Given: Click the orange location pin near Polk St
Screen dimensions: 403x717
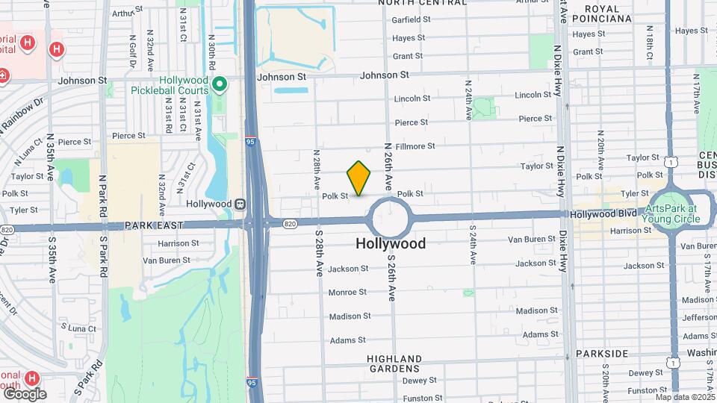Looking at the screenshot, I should point(358,178).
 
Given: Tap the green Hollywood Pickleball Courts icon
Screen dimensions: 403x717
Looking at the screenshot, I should point(219,85).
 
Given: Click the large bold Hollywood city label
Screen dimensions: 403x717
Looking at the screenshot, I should point(391,243).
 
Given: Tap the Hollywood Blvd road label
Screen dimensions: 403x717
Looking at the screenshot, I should point(603,213).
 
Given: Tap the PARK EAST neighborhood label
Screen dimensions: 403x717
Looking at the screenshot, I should point(154,225).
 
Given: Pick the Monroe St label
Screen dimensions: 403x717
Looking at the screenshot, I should point(347,293).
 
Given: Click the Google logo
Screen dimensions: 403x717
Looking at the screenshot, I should point(24,393).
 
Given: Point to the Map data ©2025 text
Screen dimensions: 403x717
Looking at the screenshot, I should point(683,396).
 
